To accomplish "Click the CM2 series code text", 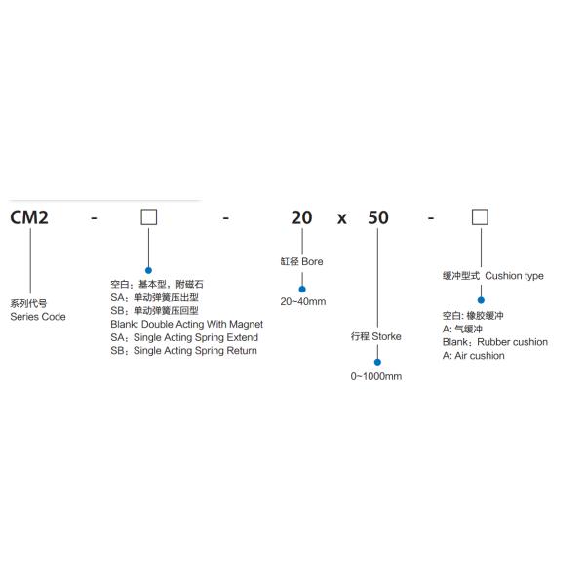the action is (29, 217).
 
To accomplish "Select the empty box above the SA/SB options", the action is (148, 216).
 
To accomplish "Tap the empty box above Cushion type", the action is (480, 216).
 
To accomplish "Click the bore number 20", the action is (301, 217).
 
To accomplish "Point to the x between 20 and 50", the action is (341, 219).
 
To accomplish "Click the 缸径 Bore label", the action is (301, 261).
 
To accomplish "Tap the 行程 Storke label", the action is (376, 336).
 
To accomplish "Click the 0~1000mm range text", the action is (376, 376).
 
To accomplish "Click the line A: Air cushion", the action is (473, 356).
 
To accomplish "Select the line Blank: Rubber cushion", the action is (494, 342).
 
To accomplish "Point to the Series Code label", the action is (38, 317).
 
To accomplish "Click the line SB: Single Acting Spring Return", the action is (183, 350).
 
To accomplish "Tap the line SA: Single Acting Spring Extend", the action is (183, 336).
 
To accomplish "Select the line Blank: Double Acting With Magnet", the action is (186, 324).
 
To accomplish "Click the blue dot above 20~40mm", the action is (301, 287).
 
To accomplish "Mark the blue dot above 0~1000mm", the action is (377, 362).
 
